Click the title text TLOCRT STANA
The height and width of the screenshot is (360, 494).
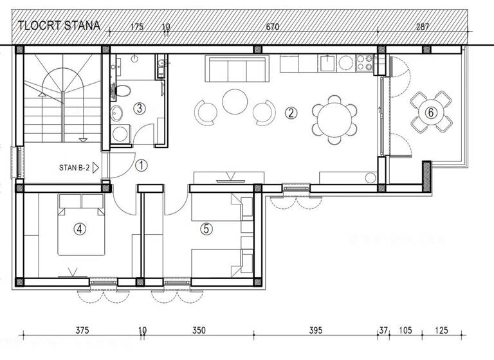pyautogui.click(x=59, y=26)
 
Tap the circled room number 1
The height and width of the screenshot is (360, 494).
pyautogui.click(x=142, y=165)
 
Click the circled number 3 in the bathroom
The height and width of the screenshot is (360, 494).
pyautogui.click(x=140, y=108)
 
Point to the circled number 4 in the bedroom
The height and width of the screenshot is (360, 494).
pyautogui.click(x=79, y=228)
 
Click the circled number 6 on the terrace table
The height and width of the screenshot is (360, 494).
pyautogui.click(x=431, y=113)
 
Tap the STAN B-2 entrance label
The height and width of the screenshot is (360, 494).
pyautogui.click(x=75, y=168)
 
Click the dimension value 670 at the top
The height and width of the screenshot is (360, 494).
pyautogui.click(x=273, y=27)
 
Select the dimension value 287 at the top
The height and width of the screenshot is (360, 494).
pyautogui.click(x=423, y=27)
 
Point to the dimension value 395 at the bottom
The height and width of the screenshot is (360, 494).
pyautogui.click(x=315, y=330)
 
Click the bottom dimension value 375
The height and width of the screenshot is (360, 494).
pyautogui.click(x=82, y=330)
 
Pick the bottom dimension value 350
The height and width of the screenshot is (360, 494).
pyautogui.click(x=199, y=330)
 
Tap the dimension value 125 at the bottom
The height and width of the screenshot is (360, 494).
pyautogui.click(x=441, y=330)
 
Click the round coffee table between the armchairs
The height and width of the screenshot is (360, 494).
pyautogui.click(x=235, y=102)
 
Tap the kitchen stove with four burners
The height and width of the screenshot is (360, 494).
pyautogui.click(x=365, y=62)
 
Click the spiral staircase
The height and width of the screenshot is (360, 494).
pyautogui.click(x=61, y=96)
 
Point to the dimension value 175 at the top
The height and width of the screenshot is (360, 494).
pyautogui.click(x=136, y=27)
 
